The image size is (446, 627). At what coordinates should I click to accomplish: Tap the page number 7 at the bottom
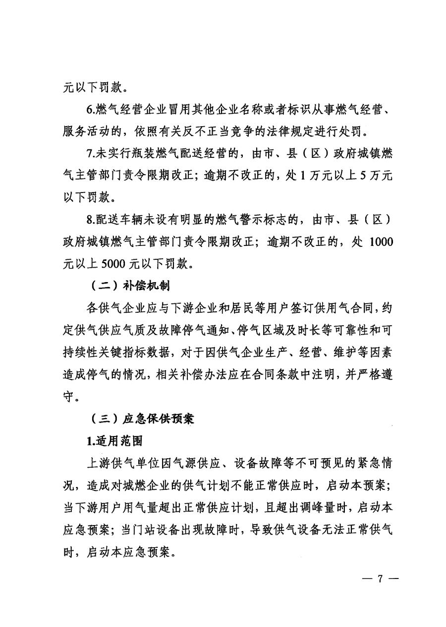[x=381, y=579]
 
